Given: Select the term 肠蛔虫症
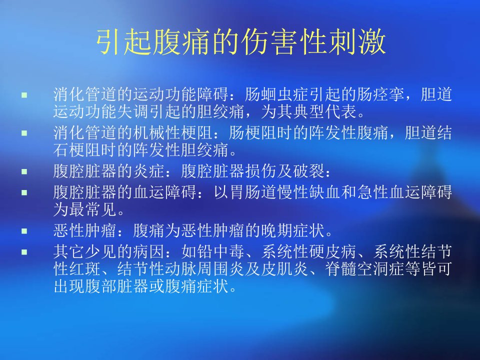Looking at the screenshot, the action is [276, 94].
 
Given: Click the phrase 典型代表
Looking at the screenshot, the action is [325, 111].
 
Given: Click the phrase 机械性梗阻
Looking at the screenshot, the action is [173, 133].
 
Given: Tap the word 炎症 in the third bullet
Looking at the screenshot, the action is [149, 171].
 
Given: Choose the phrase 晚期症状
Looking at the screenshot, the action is [293, 230].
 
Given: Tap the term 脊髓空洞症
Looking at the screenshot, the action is [364, 269].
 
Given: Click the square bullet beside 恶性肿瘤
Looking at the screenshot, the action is [24, 231].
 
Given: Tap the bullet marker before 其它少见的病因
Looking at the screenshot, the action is [24, 252].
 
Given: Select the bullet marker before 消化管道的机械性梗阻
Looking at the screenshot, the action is [24, 133].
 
